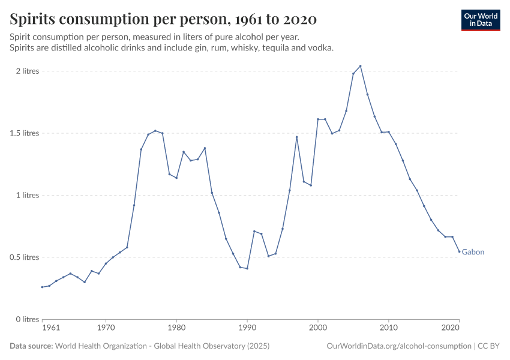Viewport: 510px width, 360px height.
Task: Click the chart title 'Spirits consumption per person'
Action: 163,19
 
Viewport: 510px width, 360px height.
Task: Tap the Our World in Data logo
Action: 480,20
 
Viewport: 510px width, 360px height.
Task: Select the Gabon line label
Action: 473,252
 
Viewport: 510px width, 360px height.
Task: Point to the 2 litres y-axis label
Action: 28,71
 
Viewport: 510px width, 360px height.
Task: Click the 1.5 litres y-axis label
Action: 24,133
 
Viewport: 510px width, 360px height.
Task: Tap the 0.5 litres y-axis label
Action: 24,257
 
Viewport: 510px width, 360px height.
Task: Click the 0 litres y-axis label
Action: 28,319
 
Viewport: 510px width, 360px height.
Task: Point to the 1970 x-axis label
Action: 106,328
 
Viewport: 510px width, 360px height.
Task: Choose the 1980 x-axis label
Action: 176,328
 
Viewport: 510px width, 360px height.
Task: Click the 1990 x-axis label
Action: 247,328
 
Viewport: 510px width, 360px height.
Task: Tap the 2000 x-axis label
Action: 318,328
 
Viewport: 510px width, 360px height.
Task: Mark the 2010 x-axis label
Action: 389,328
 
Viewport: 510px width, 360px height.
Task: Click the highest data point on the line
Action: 360,66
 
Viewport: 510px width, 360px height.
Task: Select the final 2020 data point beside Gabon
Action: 460,251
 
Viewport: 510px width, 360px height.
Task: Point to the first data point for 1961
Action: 42,287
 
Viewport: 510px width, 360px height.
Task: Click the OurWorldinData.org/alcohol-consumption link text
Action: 399,346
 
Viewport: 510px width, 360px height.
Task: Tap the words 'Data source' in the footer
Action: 31,346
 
